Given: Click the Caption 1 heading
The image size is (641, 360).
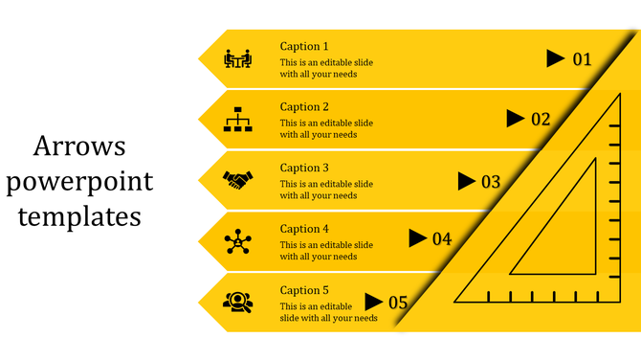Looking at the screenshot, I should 304,46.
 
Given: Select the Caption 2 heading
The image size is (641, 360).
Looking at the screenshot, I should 304,107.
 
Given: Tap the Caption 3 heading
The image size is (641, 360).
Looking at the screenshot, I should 304,168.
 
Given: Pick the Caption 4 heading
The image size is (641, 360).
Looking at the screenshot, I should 304,229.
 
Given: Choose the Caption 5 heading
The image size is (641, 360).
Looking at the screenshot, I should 304,290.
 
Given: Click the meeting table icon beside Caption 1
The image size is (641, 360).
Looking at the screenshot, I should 236,59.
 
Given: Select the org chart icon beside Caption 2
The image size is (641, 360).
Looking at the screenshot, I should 236,120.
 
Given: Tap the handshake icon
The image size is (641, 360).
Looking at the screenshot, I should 236,179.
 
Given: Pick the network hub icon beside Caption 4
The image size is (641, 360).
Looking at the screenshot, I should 236,241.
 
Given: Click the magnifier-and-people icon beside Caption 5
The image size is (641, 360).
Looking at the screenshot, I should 236,303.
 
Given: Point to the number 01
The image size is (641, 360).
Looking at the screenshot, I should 583,59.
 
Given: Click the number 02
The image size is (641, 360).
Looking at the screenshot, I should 541,120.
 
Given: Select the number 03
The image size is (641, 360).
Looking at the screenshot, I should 491,181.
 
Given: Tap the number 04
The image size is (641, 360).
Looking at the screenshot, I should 442,239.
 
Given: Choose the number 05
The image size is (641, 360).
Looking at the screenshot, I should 398,303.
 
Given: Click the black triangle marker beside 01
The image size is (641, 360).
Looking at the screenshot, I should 555,59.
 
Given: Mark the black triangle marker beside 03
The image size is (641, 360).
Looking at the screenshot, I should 466,180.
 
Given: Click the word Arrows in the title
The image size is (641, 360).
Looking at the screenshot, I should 79,146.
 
